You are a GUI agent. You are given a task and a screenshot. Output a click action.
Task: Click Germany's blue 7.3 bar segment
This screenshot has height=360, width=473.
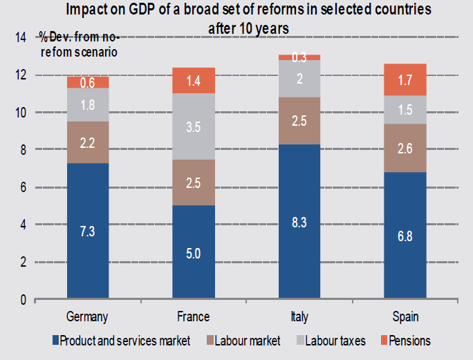point(88,231)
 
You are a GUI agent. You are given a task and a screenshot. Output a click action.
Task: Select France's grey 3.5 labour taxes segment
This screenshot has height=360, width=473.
point(194,126)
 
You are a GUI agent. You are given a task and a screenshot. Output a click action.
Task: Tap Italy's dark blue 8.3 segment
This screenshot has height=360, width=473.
point(299,222)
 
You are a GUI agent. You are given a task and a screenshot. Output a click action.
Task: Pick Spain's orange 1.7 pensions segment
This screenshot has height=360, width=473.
point(405,79)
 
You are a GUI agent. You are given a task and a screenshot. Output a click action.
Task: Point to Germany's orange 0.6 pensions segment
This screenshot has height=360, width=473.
point(88,82)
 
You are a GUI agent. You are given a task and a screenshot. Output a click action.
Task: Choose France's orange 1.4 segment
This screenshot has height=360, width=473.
point(194,80)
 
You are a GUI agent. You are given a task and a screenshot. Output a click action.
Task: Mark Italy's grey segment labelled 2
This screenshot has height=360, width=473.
point(299,79)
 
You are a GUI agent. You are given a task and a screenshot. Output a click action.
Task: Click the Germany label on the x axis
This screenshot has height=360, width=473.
point(88,316)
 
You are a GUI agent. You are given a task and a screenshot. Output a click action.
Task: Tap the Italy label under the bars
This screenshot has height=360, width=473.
point(299,316)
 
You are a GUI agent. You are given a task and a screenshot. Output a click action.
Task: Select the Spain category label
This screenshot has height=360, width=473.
point(405,316)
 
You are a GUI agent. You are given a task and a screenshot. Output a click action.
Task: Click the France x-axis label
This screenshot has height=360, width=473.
point(194,316)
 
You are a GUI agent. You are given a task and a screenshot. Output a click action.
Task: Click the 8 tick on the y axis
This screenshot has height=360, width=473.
point(24,150)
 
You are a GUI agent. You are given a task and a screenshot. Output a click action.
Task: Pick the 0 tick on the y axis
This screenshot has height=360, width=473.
point(24,300)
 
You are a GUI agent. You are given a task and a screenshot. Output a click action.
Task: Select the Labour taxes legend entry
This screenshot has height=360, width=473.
point(324,340)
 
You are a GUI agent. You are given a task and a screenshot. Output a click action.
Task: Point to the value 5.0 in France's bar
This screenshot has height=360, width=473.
point(194,253)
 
